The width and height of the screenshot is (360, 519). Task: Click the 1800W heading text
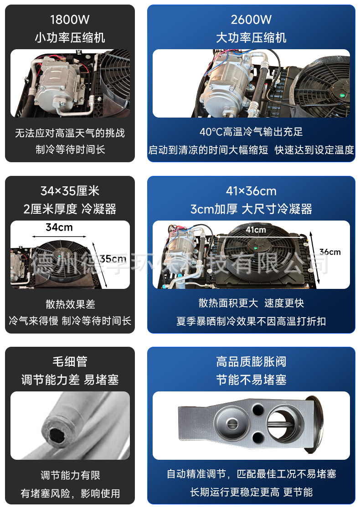[x=70, y=20]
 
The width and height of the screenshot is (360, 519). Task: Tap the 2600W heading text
[x=251, y=20]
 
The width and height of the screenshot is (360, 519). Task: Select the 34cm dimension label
[x=59, y=227]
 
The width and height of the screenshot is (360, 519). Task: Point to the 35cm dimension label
[x=113, y=258]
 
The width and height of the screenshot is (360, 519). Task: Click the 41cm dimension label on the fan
[x=256, y=230]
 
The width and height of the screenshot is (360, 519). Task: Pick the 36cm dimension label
[x=330, y=252]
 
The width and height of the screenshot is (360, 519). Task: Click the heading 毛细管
[x=70, y=361]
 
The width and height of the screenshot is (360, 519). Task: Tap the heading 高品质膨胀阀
[x=251, y=361]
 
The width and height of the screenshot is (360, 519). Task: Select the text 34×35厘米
[x=70, y=190]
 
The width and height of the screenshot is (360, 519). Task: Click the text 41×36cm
[x=251, y=191]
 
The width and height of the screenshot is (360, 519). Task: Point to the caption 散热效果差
[x=70, y=304]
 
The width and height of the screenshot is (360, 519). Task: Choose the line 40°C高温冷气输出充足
[x=251, y=132]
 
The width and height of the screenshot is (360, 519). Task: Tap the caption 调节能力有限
[x=70, y=475]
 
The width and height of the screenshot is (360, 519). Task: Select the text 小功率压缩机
[x=70, y=37]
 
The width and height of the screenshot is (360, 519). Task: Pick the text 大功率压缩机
[x=251, y=37]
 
